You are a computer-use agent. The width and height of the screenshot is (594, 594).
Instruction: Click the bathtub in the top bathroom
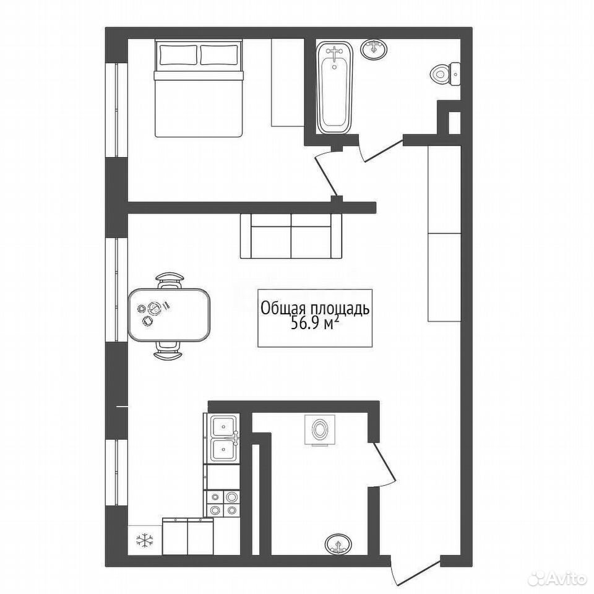point(334,87)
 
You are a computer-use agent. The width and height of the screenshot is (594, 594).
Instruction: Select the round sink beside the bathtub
point(374,49)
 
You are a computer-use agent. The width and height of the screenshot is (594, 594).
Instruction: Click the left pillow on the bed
point(178,54)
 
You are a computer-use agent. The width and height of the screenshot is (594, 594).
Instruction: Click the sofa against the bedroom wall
point(291,236)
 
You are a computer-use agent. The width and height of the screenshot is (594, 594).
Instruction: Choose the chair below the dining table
point(168,350)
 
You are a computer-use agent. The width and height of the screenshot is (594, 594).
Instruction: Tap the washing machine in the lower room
point(320,430)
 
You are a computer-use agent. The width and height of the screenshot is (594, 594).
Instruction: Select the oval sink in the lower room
point(338,544)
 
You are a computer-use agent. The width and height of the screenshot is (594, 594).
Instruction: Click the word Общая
point(282,309)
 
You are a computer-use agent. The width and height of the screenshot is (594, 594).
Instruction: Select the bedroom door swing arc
point(325,171)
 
